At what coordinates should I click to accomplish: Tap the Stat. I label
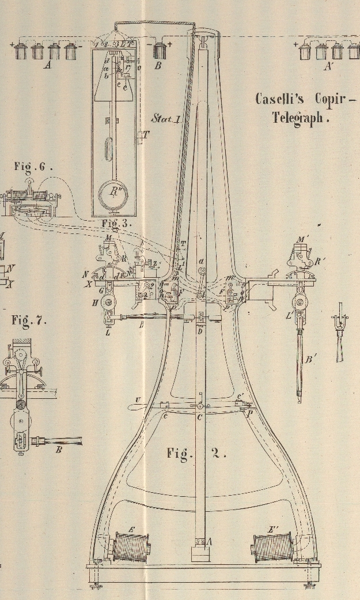click(x=166, y=119)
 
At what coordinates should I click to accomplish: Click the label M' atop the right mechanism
click(x=302, y=239)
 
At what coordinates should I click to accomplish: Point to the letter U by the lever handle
click(x=137, y=400)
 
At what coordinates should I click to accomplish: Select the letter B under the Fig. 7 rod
click(x=59, y=450)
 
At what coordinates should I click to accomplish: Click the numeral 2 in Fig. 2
click(x=215, y=453)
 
